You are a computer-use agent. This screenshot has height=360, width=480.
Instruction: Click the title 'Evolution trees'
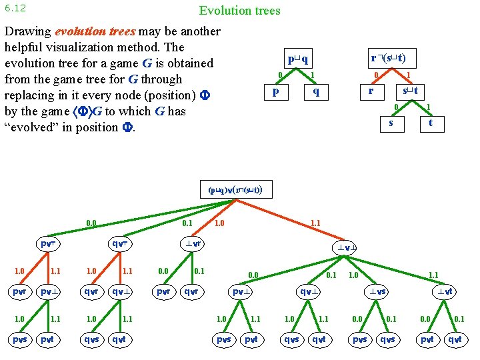[x=239, y=11]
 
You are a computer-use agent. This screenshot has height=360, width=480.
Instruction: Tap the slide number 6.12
[x=14, y=9]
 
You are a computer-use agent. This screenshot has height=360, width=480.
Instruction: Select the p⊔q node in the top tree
[x=296, y=58]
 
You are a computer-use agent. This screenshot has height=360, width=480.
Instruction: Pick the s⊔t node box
[x=407, y=90]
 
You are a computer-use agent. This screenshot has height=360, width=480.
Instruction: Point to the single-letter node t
[x=431, y=122]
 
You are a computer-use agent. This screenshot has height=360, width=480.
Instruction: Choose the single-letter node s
[x=391, y=122]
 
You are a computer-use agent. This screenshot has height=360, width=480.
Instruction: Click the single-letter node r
[x=371, y=90]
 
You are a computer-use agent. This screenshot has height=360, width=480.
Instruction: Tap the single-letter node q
[x=316, y=91]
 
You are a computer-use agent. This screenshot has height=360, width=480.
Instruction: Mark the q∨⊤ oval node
[x=120, y=244]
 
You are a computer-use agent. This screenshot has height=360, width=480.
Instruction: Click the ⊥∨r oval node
[x=194, y=244]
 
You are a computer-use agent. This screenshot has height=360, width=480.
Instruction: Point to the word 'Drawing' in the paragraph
[x=27, y=31]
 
